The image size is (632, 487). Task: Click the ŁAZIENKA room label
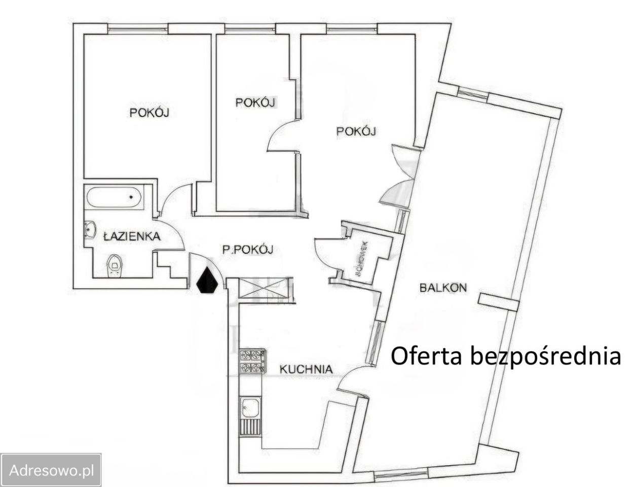pyautogui.click(x=132, y=236)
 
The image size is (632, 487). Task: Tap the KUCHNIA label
pyautogui.click(x=306, y=369)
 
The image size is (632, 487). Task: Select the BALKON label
pyautogui.click(x=443, y=288)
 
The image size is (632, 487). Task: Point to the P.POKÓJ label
pyautogui.click(x=248, y=250)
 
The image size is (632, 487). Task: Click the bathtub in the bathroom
pyautogui.click(x=114, y=197)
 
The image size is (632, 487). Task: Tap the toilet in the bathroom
pyautogui.click(x=115, y=265)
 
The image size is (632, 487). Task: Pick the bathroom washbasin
pyautogui.click(x=90, y=230)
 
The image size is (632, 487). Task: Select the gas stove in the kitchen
pyautogui.click(x=252, y=361)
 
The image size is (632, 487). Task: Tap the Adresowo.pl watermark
pyautogui.click(x=51, y=471)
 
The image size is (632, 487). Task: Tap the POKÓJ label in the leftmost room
pyautogui.click(x=150, y=112)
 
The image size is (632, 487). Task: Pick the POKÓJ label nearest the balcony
pyautogui.click(x=356, y=131)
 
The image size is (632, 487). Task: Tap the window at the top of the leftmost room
pyautogui.click(x=138, y=29)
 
